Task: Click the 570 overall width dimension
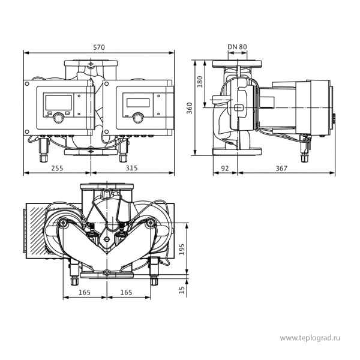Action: tap(99, 47)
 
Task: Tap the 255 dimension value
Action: tap(57, 168)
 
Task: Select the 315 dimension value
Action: tap(131, 168)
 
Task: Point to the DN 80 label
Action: tap(237, 47)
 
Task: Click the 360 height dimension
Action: tap(190, 108)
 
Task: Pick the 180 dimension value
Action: tap(200, 82)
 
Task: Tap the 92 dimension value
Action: tap(225, 169)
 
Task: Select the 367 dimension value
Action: tap(281, 169)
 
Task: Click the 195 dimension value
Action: tap(182, 249)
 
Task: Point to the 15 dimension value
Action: tap(182, 290)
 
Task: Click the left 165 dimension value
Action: tap(85, 293)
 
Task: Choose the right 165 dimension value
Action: tap(126, 293)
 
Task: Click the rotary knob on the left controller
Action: tap(59, 118)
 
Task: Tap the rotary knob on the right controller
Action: tap(138, 118)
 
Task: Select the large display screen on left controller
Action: tap(59, 103)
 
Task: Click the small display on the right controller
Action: tap(138, 103)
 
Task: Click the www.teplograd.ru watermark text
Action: tap(310, 338)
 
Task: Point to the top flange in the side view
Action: tap(237, 64)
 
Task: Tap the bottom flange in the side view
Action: tap(237, 152)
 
